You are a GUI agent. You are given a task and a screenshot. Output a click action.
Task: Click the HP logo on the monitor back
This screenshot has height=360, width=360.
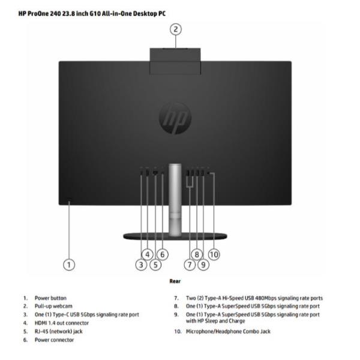pyautogui.click(x=175, y=118)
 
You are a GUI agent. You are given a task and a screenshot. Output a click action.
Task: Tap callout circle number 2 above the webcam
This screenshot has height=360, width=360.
pyautogui.click(x=176, y=29)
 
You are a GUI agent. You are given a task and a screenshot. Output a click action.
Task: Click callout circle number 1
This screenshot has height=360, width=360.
pyautogui.click(x=69, y=265)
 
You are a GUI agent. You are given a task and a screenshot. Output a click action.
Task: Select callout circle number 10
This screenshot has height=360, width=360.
pyautogui.click(x=214, y=254)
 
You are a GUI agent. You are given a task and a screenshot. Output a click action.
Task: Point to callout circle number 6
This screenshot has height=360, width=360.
pyautogui.click(x=163, y=254)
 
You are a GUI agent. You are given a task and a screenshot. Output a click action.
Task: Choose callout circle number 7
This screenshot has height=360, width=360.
pyautogui.click(x=190, y=265)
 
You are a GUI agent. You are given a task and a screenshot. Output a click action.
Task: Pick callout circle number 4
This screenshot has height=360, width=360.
pyautogui.click(x=148, y=254)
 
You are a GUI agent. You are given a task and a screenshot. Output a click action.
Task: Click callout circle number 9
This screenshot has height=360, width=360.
pyautogui.click(x=203, y=265)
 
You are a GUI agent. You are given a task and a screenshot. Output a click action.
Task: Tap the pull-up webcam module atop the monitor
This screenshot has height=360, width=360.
pyautogui.click(x=175, y=61)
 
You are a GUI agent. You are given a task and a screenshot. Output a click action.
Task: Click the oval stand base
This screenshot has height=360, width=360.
pyautogui.click(x=175, y=236)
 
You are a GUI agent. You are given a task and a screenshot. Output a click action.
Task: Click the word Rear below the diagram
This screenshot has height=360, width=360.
pyautogui.click(x=175, y=281)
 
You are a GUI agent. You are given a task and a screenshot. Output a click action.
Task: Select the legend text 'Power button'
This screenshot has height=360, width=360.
pyautogui.click(x=50, y=298)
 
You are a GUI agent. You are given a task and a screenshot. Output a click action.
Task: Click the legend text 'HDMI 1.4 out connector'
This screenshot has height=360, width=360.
pyautogui.click(x=62, y=323)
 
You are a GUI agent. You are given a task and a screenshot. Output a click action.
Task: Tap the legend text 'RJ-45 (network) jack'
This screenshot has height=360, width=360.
pyautogui.click(x=59, y=332)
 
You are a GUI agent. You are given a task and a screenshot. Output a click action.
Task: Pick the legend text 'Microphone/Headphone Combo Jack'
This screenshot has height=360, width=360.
pyautogui.click(x=228, y=332)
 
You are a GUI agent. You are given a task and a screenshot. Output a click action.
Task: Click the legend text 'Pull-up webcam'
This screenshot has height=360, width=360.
pyautogui.click(x=53, y=306)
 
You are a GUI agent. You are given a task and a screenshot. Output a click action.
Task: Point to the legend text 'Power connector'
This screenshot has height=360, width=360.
pyautogui.click(x=54, y=340)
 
